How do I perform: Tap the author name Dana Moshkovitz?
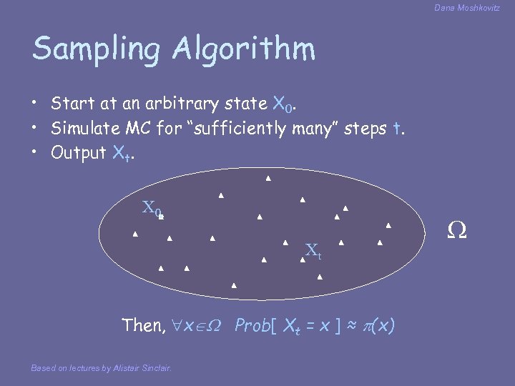pyautogui.click(x=466, y=8)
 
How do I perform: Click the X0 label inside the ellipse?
pyautogui.click(x=152, y=209)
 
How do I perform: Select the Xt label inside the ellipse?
pyautogui.click(x=313, y=251)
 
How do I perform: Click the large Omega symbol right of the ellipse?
pyautogui.click(x=456, y=230)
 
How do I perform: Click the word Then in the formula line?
pyautogui.click(x=143, y=326)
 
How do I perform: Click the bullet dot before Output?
pyautogui.click(x=35, y=153)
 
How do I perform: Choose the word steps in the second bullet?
pyautogui.click(x=368, y=129)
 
